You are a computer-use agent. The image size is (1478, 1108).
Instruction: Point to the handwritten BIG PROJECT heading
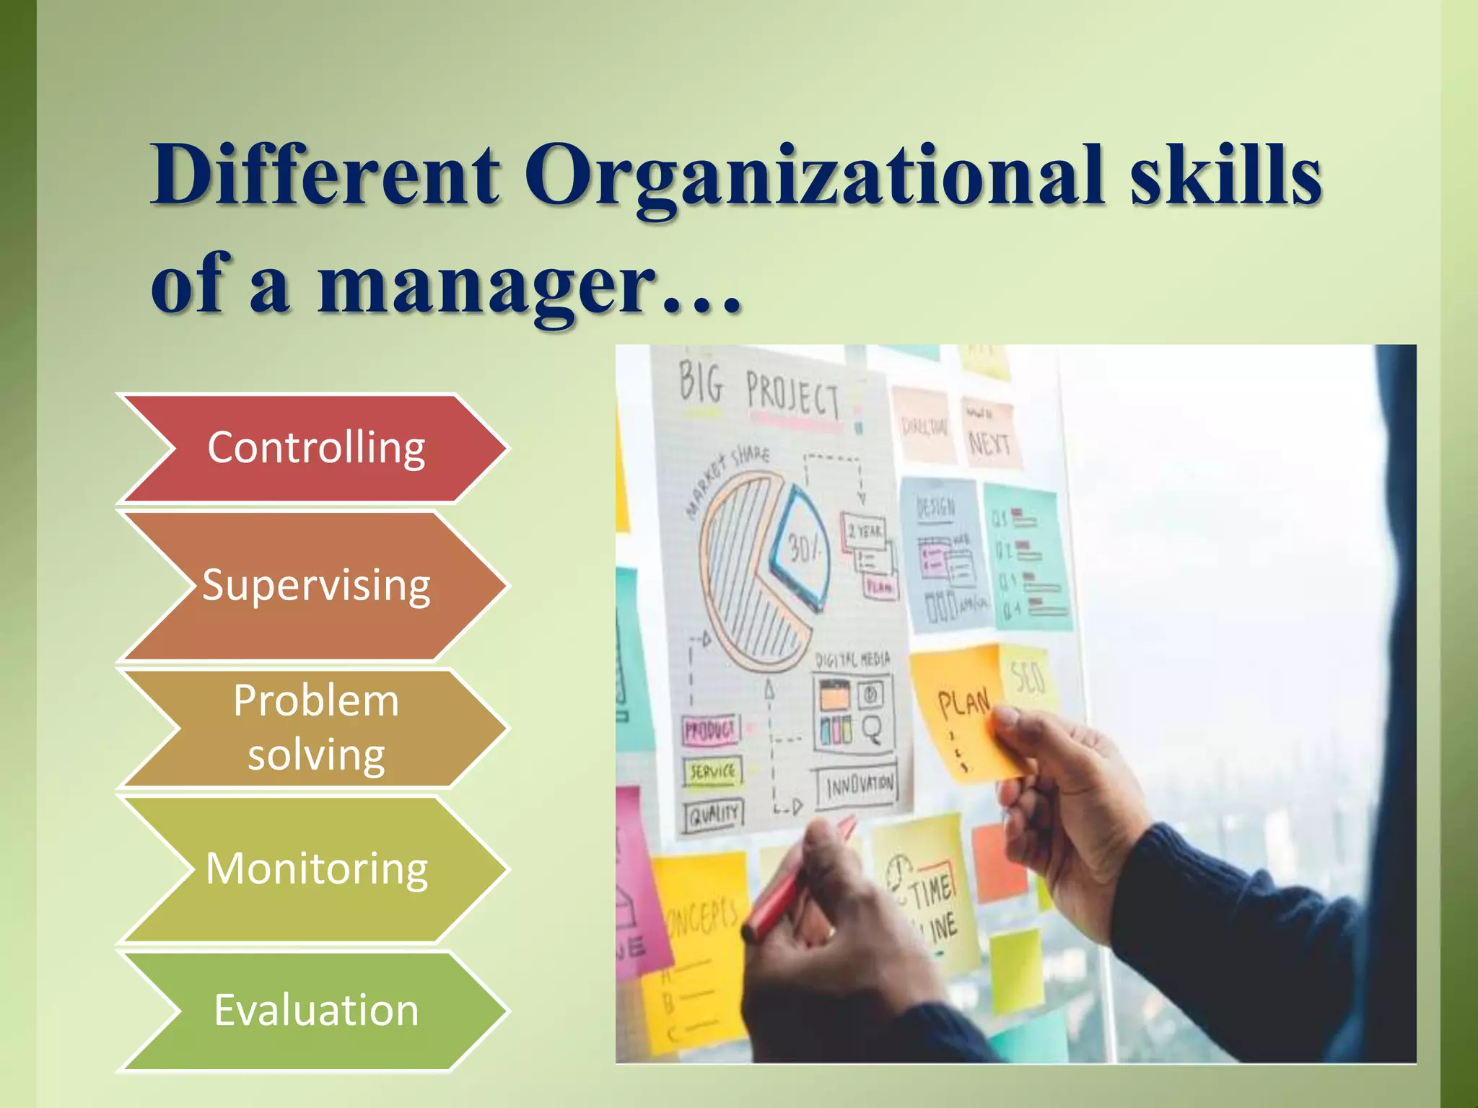[x=758, y=390]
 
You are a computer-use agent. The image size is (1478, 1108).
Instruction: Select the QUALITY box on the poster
[x=714, y=815]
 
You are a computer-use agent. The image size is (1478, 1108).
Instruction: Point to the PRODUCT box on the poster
[x=710, y=731]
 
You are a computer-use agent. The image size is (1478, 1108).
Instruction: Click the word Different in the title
[x=325, y=177]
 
